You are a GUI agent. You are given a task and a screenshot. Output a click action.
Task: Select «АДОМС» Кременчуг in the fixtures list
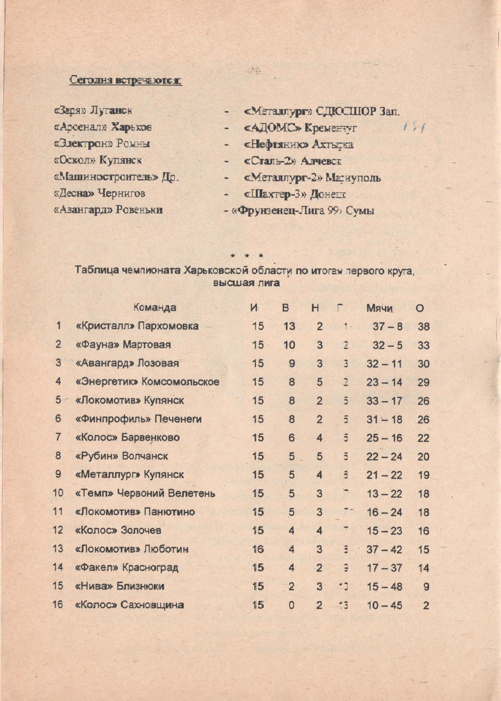pos(300,128)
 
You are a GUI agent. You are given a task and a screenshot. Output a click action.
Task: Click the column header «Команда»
pos(155,308)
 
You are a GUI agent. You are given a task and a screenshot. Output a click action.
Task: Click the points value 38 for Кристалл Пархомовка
pos(423,326)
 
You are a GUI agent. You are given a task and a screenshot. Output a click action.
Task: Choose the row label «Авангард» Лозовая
pos(127,363)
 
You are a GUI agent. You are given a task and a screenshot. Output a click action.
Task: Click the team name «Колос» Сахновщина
pos(130,605)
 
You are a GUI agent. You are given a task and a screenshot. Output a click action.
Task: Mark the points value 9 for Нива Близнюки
pos(426,587)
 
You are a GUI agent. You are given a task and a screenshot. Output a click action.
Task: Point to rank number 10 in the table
pos(58,493)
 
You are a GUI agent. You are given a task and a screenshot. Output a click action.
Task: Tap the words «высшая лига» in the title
pos(247,283)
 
